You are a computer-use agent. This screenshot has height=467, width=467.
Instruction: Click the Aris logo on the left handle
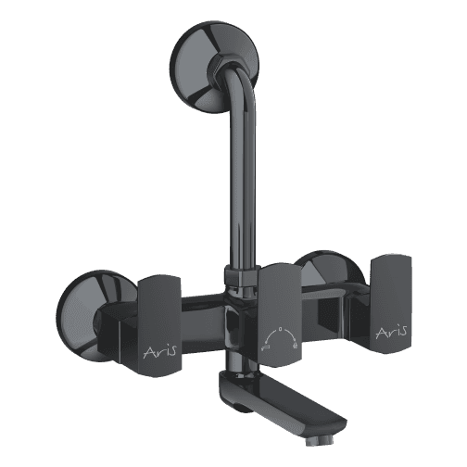coord(160,351)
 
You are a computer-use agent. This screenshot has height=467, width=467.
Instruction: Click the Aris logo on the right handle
coord(391,333)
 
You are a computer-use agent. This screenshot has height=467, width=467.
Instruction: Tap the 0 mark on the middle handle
coord(280,329)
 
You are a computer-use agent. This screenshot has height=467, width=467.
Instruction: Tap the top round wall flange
coord(214,66)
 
